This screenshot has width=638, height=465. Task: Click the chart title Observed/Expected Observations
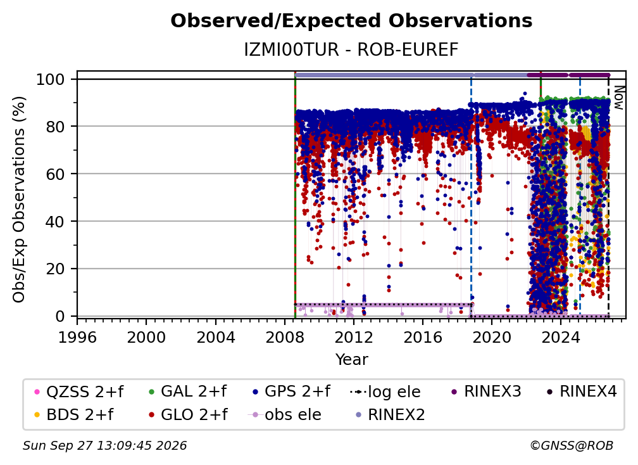pos(351,21)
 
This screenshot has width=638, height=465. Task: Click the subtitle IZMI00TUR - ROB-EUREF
pos(351,49)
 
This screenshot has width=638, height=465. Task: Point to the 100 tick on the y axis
pos(51,79)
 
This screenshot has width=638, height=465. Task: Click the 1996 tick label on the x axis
pos(77,338)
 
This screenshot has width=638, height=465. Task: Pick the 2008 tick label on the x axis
pos(284,338)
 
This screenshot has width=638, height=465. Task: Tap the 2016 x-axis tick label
pos(422,338)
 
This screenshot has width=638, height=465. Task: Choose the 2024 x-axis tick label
pos(560,338)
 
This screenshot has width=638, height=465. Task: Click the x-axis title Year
pos(351,360)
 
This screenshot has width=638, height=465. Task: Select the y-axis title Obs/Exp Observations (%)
pos(19,200)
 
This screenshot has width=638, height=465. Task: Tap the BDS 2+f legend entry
pos(73,414)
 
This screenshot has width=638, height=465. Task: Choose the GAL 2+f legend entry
pos(187,392)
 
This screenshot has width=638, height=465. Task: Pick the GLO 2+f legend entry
pos(188,414)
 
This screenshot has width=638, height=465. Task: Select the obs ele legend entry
pos(284,414)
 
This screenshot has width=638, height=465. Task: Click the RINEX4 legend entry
pos(582,392)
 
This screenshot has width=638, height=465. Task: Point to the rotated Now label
pos(618,98)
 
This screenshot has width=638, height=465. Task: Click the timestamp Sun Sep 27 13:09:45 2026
pos(104,446)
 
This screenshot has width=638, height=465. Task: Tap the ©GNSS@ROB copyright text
pos(572,446)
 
